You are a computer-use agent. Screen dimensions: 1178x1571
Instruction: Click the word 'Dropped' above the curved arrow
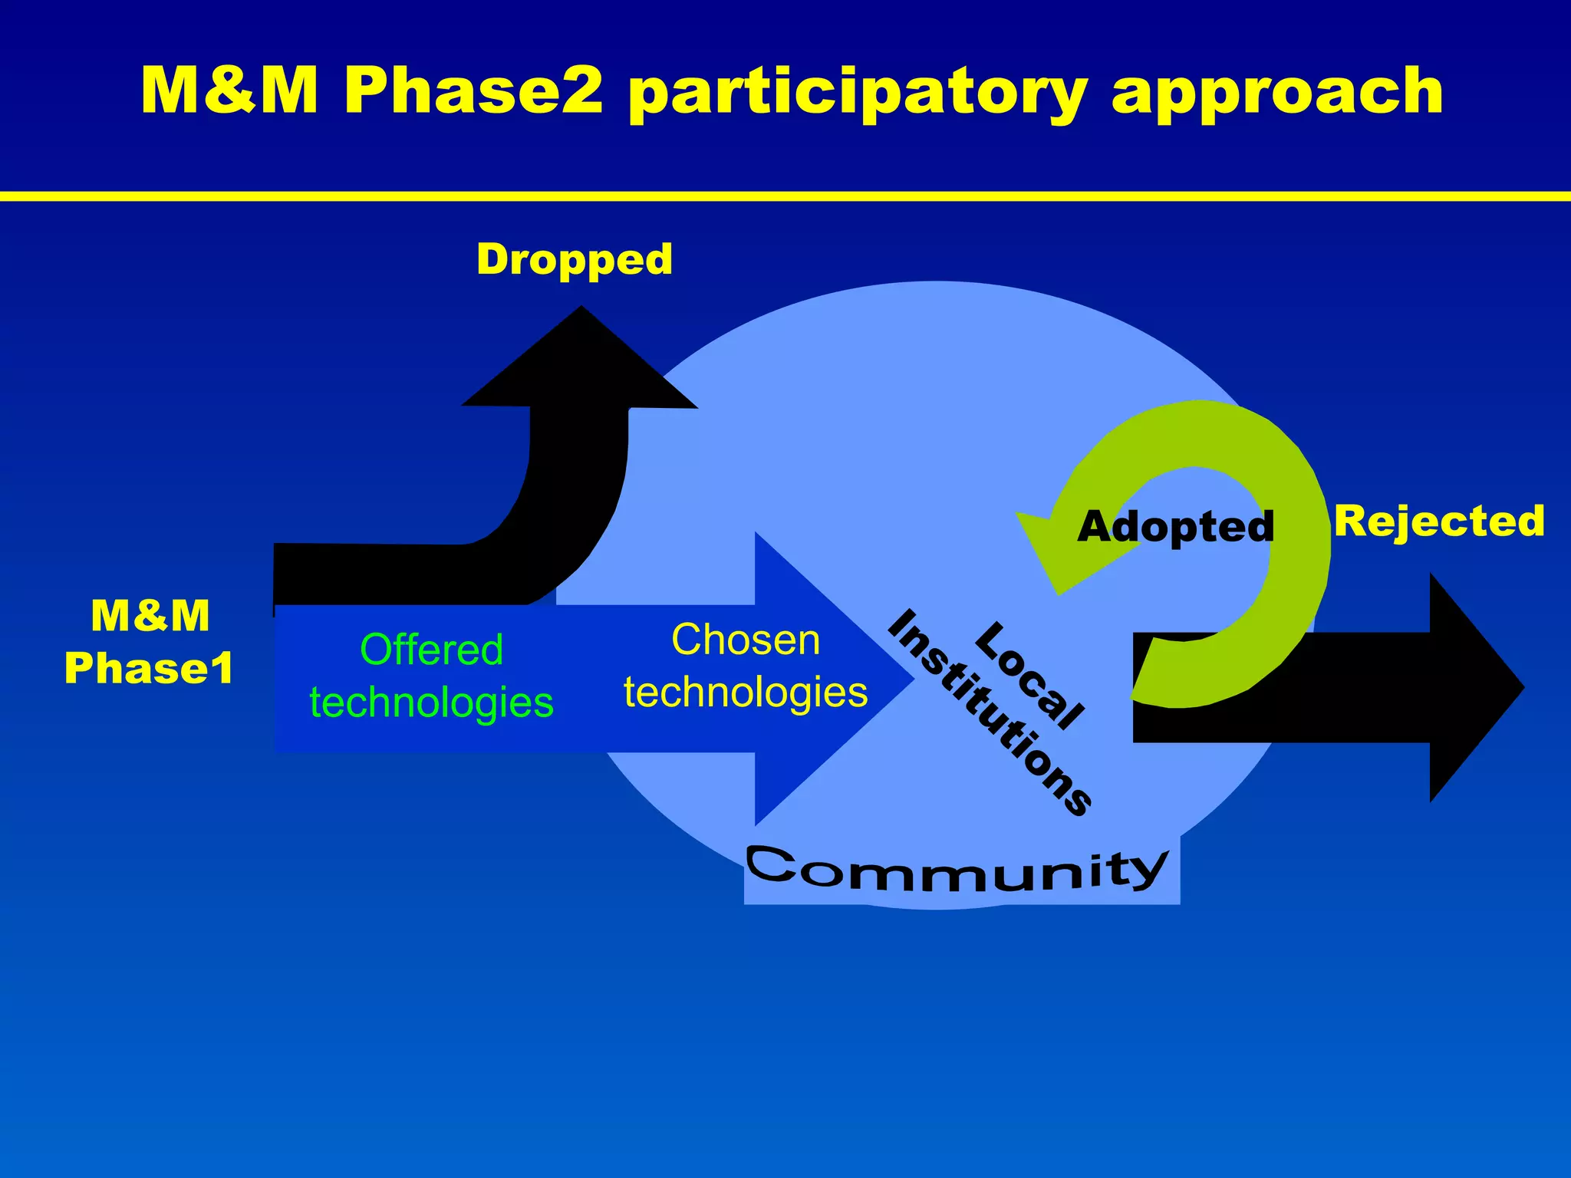point(574,259)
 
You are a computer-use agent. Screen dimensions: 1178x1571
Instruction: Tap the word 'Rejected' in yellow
point(1439,522)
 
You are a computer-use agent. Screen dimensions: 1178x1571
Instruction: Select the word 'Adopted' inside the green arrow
point(1175,527)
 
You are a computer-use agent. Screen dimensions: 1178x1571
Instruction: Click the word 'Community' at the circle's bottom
point(957,870)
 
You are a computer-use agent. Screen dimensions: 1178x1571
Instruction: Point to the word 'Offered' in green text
point(431,650)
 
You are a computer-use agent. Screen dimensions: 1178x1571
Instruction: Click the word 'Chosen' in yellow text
point(746,640)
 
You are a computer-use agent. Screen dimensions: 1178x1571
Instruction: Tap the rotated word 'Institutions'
point(990,713)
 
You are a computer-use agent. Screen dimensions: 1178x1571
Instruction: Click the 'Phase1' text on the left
point(149,668)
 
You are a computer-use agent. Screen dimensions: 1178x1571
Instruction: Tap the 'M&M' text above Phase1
point(150,616)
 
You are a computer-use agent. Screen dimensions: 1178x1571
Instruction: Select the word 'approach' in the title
point(1277,92)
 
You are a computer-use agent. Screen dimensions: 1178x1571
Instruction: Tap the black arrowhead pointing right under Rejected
point(1473,687)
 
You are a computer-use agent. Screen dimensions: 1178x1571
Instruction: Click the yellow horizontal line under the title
point(785,196)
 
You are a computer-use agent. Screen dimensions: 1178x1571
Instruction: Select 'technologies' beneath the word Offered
point(431,703)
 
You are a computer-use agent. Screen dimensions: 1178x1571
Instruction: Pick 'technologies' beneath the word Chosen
point(746,692)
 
